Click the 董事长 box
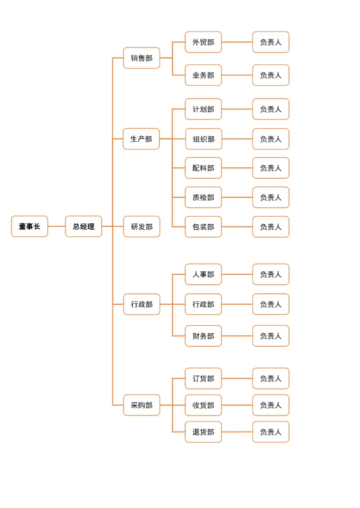[x=29, y=226]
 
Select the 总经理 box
[x=83, y=226]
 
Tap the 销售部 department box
[x=141, y=58]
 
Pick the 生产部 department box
[x=141, y=139]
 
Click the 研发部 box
[x=141, y=226]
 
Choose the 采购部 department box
[x=141, y=405]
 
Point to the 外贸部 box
[x=203, y=42]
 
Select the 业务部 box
[x=203, y=75]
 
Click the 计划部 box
[x=203, y=109]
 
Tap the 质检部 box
[x=203, y=197]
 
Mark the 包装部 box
[x=203, y=227]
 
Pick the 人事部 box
[x=203, y=274]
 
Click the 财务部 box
[x=203, y=336]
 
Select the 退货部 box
[x=203, y=432]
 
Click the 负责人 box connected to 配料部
[x=270, y=168]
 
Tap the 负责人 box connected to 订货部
[x=270, y=379]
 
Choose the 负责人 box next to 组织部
[x=270, y=139]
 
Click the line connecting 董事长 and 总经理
[x=56, y=226]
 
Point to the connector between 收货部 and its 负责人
[x=237, y=405]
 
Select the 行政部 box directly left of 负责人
[x=203, y=304]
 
